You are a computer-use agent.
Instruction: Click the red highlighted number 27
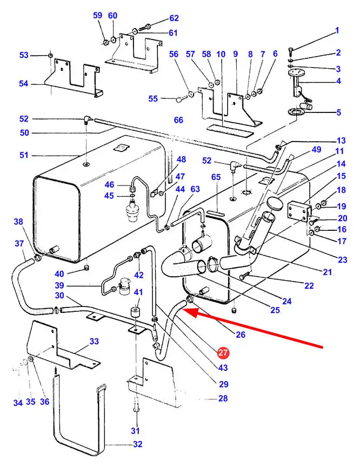223,353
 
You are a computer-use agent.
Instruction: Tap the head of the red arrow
187,310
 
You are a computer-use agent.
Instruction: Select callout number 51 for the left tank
24,155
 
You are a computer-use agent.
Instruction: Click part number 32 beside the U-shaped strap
137,444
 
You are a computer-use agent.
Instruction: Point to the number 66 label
178,120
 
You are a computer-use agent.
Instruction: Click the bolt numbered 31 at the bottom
136,405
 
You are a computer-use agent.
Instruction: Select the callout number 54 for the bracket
24,84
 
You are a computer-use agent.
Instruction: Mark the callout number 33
94,341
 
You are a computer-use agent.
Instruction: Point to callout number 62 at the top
159,18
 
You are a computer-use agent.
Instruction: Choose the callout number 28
223,399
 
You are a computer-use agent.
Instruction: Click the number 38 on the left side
18,222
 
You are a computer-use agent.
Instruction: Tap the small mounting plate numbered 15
298,211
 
